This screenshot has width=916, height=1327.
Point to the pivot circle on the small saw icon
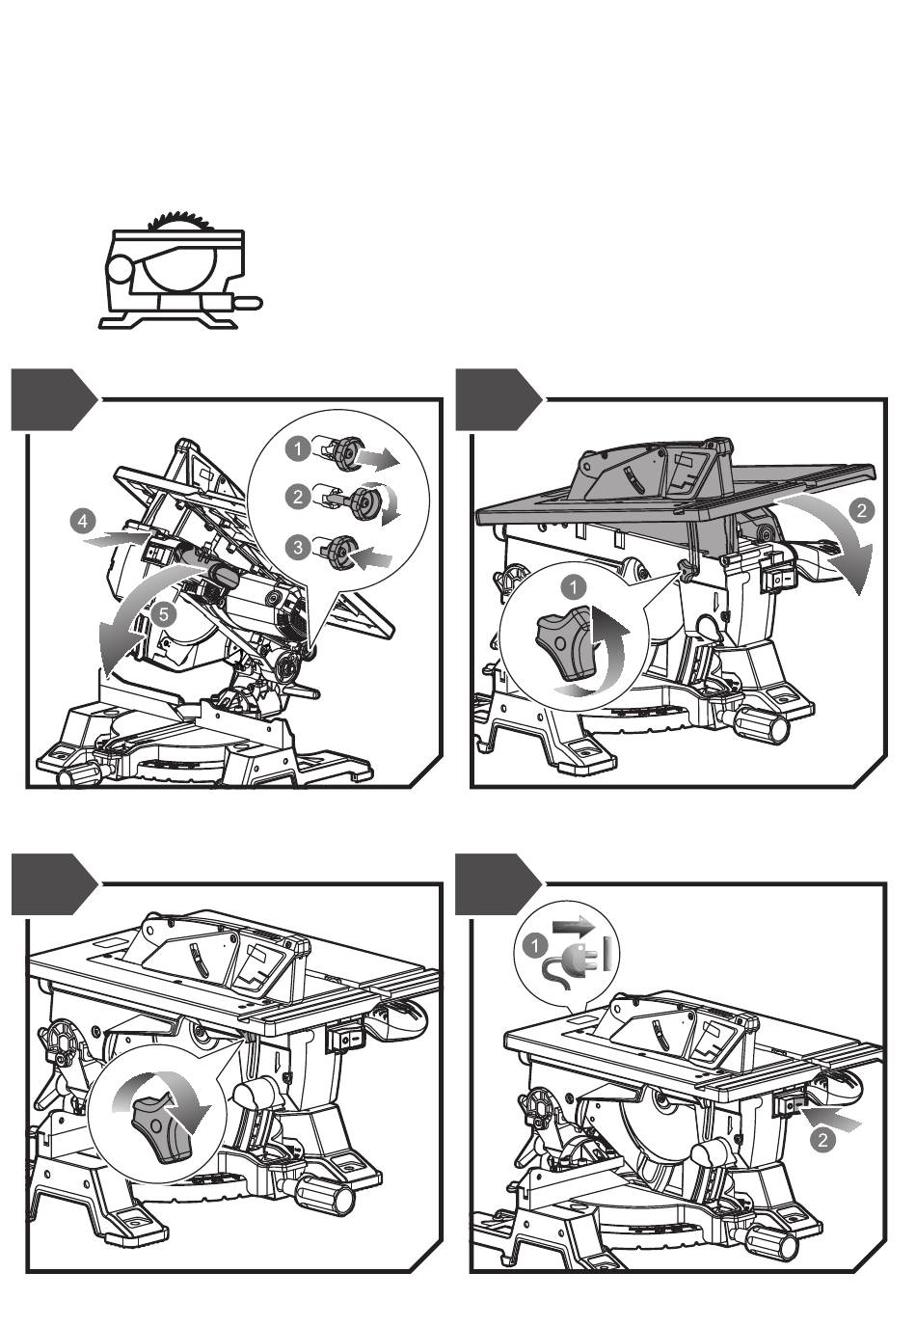coord(122,270)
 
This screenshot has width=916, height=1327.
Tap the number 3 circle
coord(297,546)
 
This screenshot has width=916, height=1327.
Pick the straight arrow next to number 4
coord(115,538)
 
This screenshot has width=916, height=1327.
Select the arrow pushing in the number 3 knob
coord(370,556)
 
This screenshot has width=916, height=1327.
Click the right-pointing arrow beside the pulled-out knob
coord(379,457)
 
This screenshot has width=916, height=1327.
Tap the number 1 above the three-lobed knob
coord(573,587)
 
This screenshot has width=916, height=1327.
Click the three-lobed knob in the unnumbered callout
coord(158,1127)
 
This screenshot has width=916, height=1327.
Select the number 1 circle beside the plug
coord(535,945)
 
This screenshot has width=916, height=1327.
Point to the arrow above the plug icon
coord(573,926)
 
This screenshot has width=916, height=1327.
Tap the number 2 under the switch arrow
coord(822,1139)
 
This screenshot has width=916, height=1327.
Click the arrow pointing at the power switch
coord(830,1117)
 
